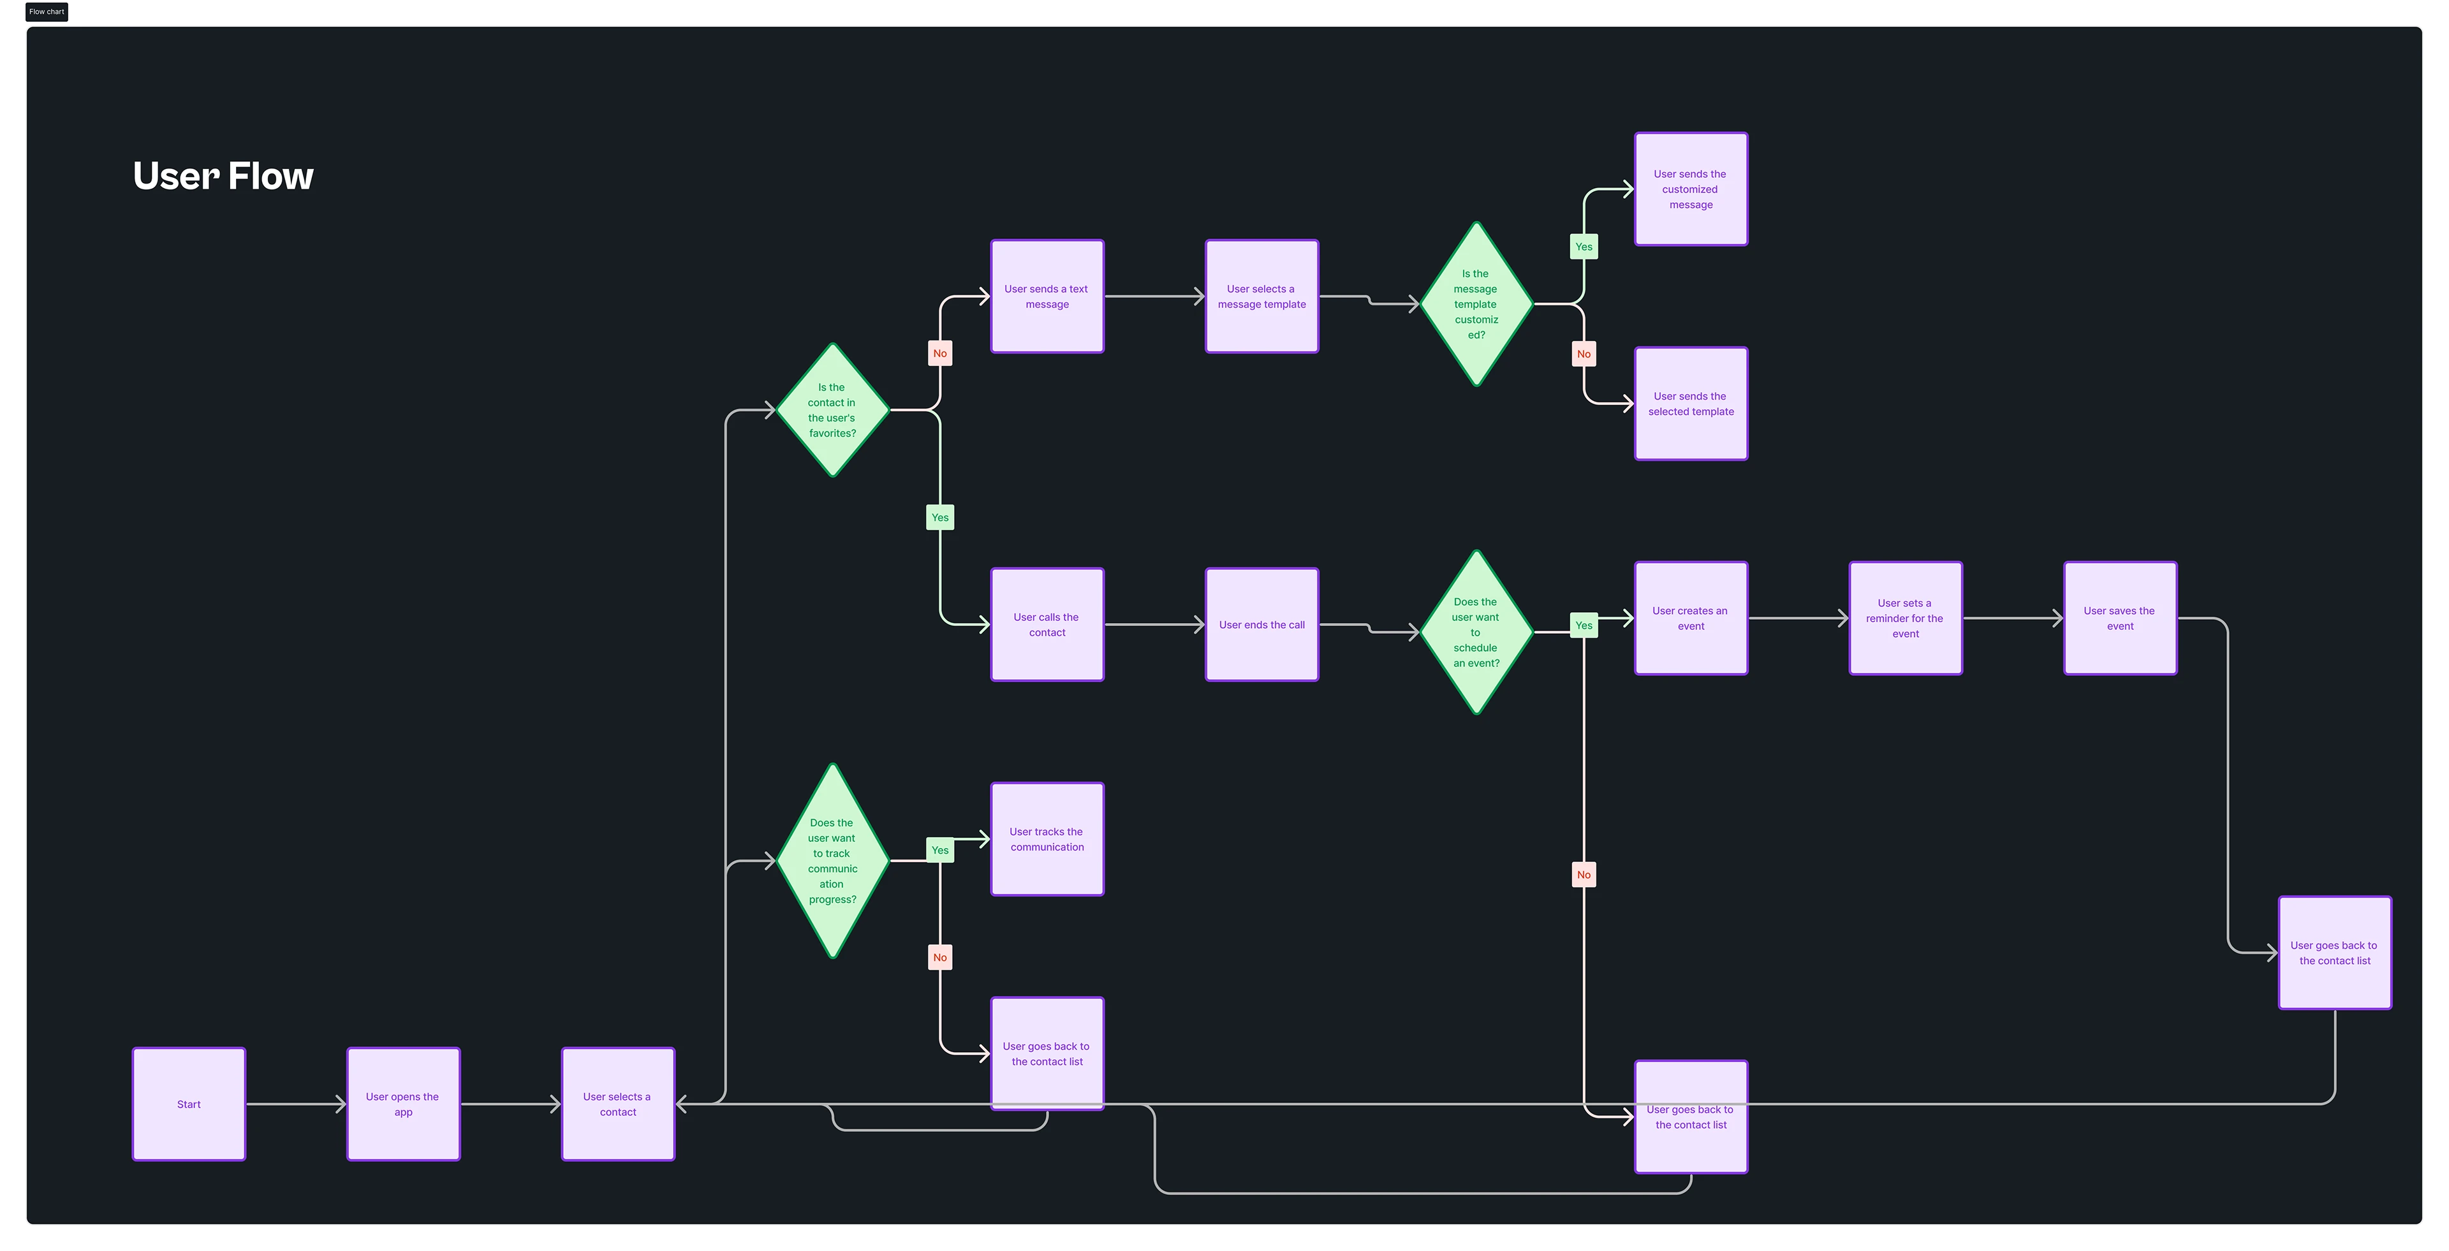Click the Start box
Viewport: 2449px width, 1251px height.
coord(188,1104)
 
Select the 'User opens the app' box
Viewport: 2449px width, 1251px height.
coord(403,1104)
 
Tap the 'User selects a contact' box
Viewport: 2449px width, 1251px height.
coord(618,1104)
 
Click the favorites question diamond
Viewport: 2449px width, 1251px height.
coord(832,410)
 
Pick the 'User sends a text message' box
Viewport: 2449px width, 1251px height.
coord(1047,296)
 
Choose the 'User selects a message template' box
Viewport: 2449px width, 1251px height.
coord(1261,296)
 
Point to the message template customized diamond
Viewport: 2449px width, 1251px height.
coord(1476,304)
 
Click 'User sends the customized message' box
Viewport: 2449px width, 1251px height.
coord(1690,189)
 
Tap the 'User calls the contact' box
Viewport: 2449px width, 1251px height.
coord(1047,625)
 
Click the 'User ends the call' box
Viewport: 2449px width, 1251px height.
coord(1261,625)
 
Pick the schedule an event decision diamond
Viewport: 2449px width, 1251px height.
coord(1476,632)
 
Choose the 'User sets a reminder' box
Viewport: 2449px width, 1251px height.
coord(1905,618)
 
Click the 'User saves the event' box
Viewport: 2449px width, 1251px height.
coord(2120,618)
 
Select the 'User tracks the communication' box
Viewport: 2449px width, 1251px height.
coord(1047,839)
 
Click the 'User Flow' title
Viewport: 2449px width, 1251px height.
coord(223,176)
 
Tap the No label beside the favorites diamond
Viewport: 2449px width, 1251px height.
coord(939,354)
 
